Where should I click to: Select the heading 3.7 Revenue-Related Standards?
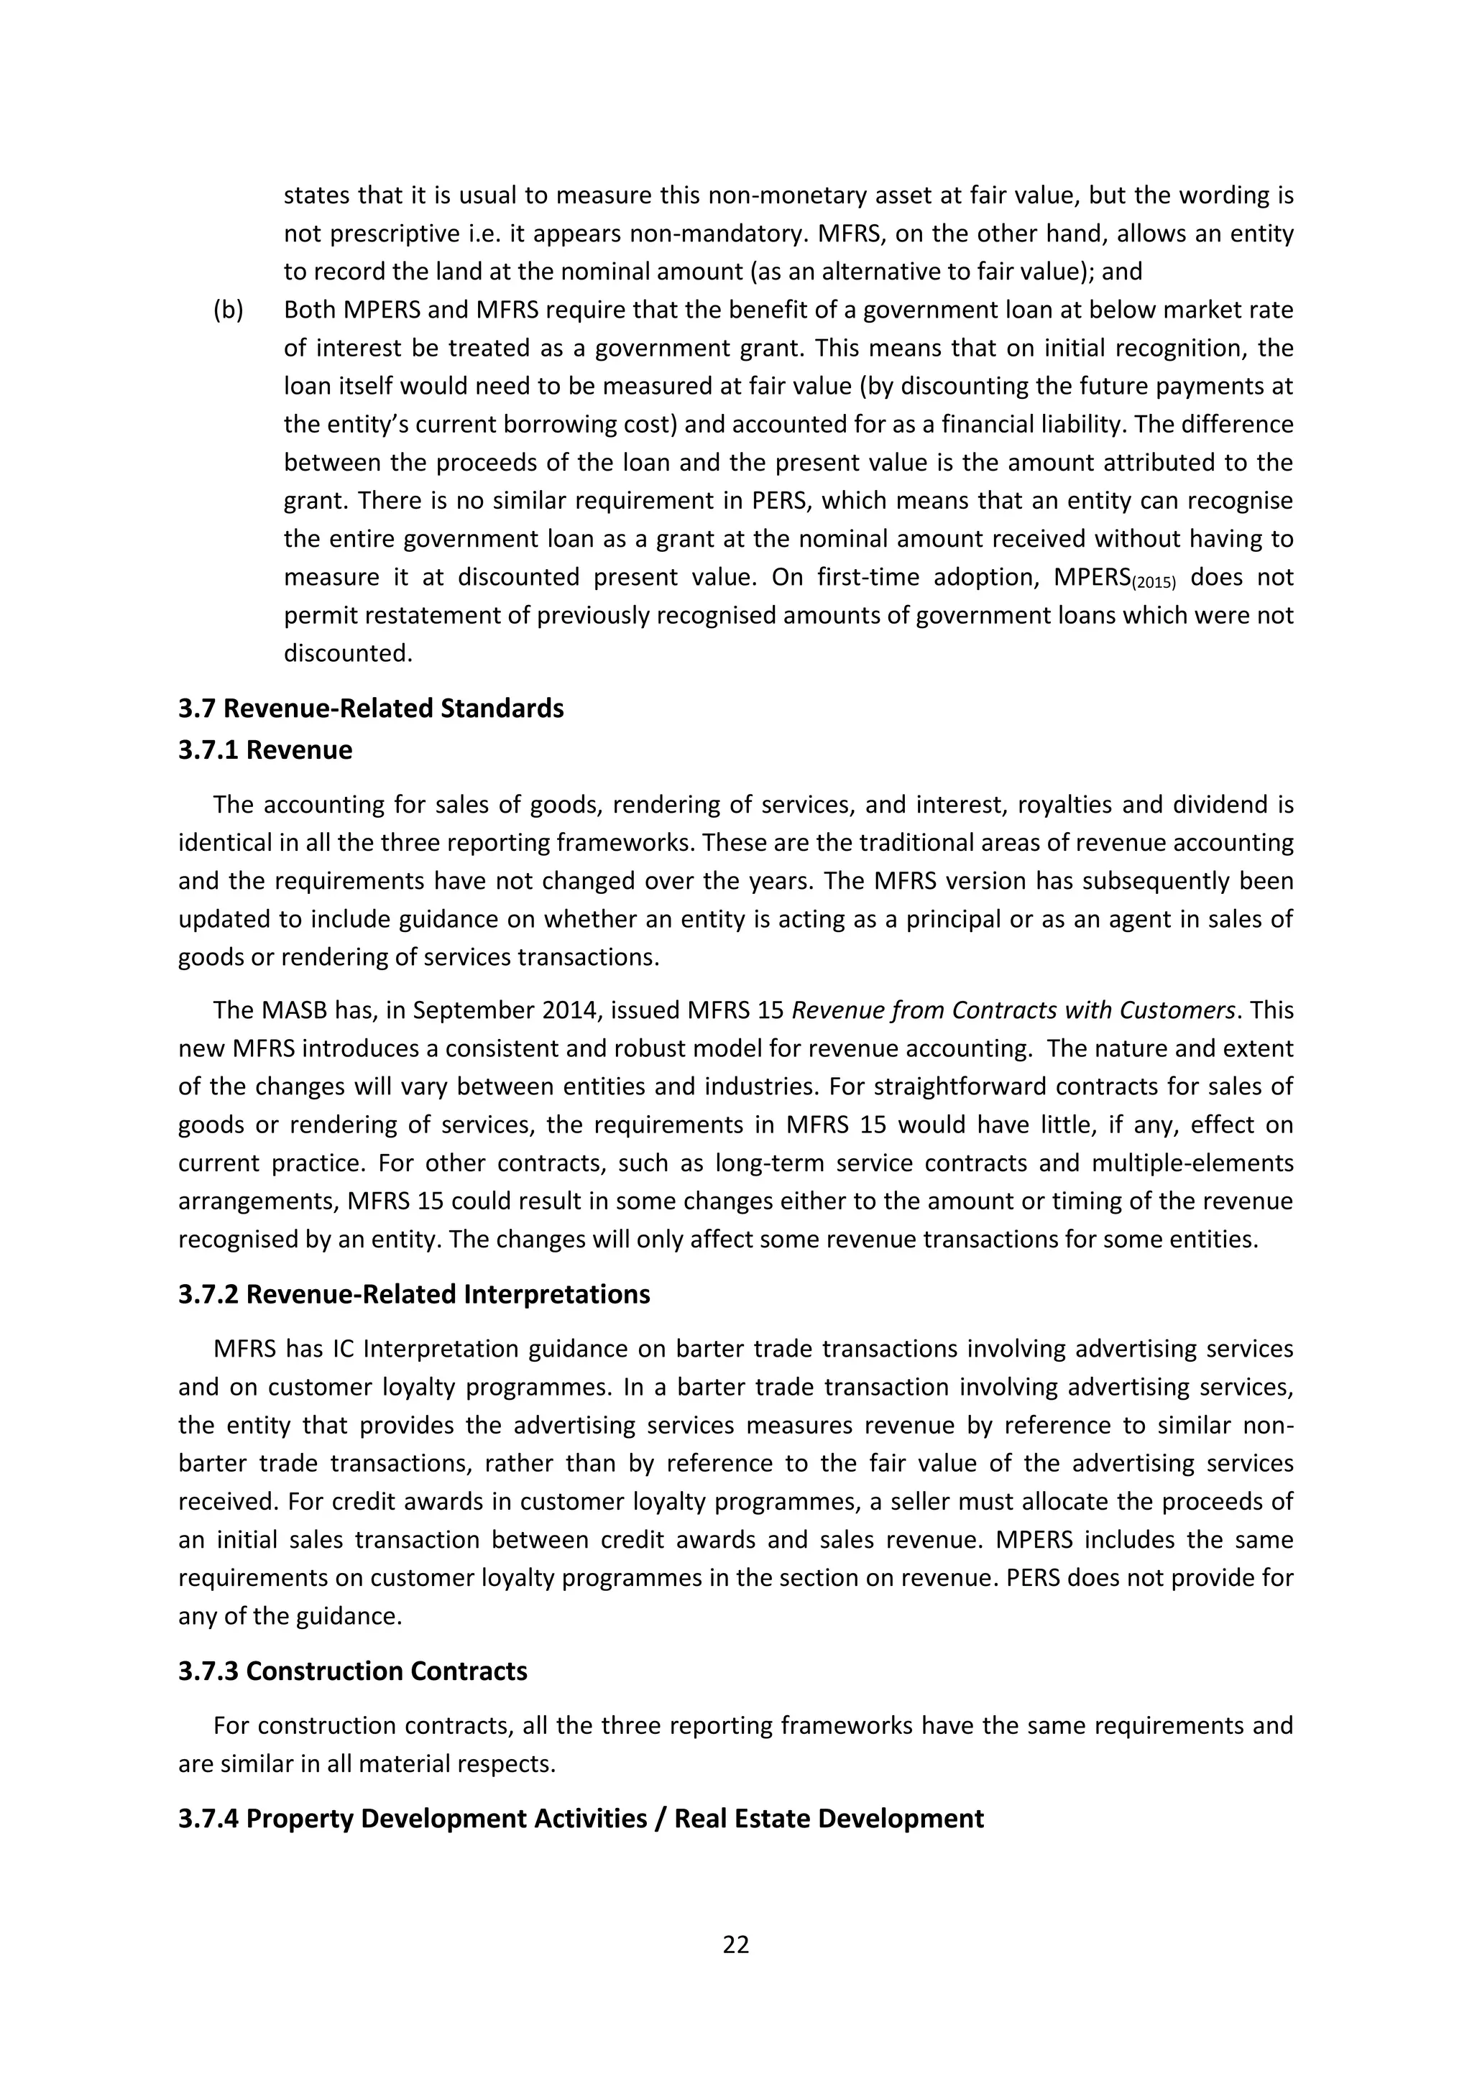pos(371,708)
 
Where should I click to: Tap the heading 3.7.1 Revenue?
pos(264,749)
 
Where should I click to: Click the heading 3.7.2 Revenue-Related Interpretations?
pos(414,1293)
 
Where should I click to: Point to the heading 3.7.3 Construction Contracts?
pos(353,1671)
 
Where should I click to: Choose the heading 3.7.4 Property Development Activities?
pos(580,1818)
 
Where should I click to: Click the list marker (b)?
pos(229,310)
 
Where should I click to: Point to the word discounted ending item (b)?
pos(347,652)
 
